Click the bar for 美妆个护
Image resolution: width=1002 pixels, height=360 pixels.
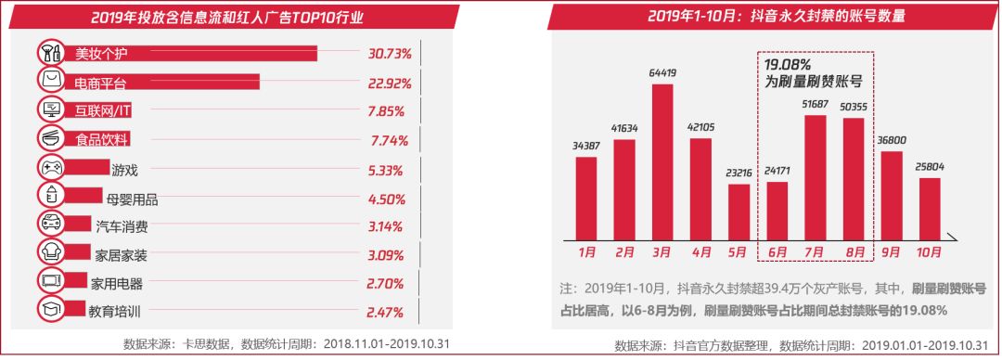coord(186,53)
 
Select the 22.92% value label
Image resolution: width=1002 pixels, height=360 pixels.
coord(387,83)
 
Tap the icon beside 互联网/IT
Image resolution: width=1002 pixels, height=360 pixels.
coord(51,110)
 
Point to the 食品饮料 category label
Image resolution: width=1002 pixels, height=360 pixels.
coord(100,140)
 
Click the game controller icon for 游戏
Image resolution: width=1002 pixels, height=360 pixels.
coord(51,168)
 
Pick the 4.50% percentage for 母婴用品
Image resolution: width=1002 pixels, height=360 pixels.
coord(387,199)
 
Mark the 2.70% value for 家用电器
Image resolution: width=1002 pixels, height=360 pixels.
coord(387,284)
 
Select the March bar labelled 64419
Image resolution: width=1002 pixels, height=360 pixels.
coord(662,161)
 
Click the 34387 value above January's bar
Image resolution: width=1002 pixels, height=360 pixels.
coord(585,146)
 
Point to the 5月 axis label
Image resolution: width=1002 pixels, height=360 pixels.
coord(739,251)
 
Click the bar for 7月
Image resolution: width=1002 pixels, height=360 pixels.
coord(816,177)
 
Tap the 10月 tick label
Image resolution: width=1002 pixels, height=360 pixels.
coord(931,251)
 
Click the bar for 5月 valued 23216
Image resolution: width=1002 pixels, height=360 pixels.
coord(739,212)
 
